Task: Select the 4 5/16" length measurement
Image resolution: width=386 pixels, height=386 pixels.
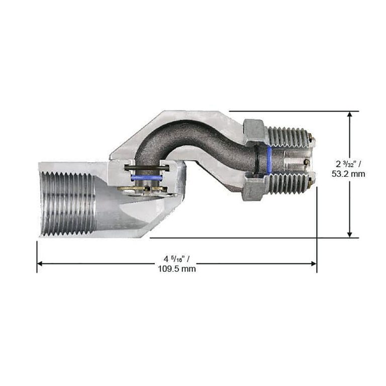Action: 176,259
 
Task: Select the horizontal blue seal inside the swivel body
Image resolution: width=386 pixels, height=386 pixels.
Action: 146,178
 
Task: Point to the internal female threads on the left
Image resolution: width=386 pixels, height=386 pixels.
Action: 68,204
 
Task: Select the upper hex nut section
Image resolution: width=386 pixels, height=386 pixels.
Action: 254,131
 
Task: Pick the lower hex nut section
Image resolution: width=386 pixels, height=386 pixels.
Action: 253,189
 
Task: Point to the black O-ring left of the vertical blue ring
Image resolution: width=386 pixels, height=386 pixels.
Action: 258,160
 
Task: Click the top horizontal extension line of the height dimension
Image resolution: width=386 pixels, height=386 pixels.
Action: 292,111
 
